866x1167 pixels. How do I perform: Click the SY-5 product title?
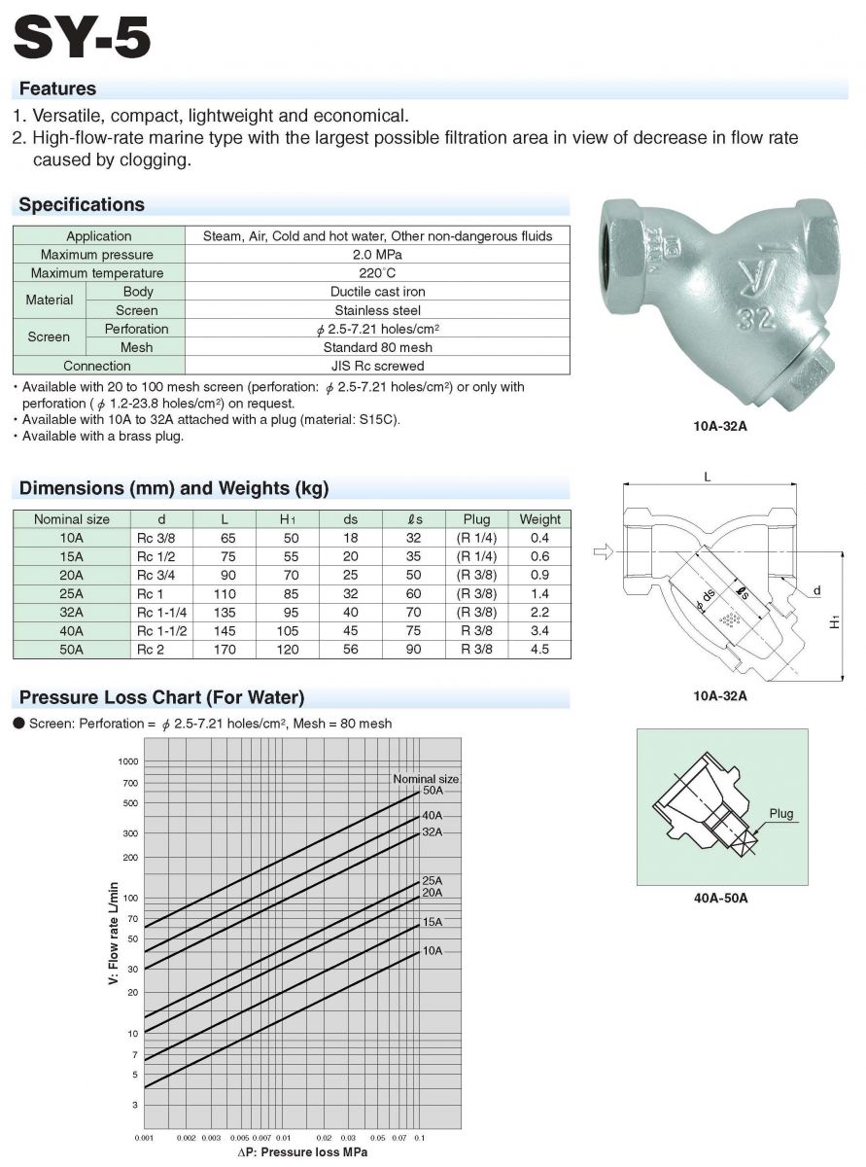click(83, 38)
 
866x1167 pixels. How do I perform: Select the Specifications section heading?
click(82, 205)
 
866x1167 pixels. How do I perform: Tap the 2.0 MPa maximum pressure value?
click(377, 255)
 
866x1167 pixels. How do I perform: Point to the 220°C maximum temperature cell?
click(377, 273)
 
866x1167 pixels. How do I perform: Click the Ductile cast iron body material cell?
click(377, 292)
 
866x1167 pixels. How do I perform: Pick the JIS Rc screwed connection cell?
click(377, 366)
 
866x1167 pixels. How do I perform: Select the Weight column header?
click(540, 519)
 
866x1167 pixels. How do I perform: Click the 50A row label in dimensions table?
click(72, 650)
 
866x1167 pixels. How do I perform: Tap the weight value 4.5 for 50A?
click(540, 650)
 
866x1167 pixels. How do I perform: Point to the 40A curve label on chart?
click(433, 815)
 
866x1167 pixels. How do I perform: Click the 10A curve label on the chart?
click(433, 950)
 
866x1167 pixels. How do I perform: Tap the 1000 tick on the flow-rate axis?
click(129, 761)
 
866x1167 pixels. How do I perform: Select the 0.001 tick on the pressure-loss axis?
click(144, 1137)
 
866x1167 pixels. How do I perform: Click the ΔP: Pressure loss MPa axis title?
click(302, 1152)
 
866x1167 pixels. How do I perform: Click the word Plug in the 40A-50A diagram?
click(780, 813)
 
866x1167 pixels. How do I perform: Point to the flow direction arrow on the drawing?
click(604, 551)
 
